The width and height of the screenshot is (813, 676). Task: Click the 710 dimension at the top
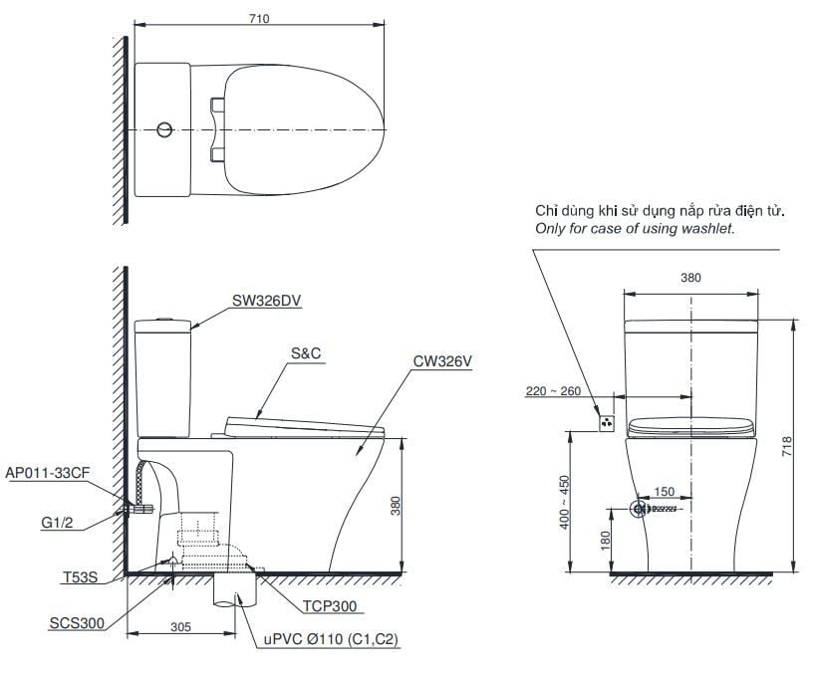[259, 19]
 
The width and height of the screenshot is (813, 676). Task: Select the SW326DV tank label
[266, 301]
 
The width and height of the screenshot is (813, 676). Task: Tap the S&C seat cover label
[306, 353]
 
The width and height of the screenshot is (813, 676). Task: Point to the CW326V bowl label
[442, 361]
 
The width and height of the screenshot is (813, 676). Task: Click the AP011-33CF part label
[48, 473]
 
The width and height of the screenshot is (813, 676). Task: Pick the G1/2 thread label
[57, 523]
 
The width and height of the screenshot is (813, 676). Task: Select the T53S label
[81, 577]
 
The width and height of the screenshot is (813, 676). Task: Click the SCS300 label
[77, 623]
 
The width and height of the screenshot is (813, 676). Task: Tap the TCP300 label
[330, 606]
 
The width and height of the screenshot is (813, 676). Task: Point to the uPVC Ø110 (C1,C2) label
[331, 639]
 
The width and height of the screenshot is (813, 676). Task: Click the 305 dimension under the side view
[181, 627]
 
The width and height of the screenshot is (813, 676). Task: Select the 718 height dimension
[786, 446]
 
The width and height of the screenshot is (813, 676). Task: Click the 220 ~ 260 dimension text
[553, 391]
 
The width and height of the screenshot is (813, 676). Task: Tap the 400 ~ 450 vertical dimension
[564, 502]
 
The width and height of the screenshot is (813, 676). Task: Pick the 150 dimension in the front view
[665, 491]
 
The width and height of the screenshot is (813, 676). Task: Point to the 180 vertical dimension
[605, 541]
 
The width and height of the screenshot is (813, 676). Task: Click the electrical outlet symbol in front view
[607, 423]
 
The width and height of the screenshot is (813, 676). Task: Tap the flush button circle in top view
[164, 129]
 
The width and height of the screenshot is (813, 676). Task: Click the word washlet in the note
[707, 228]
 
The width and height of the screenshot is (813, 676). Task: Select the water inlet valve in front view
[640, 509]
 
